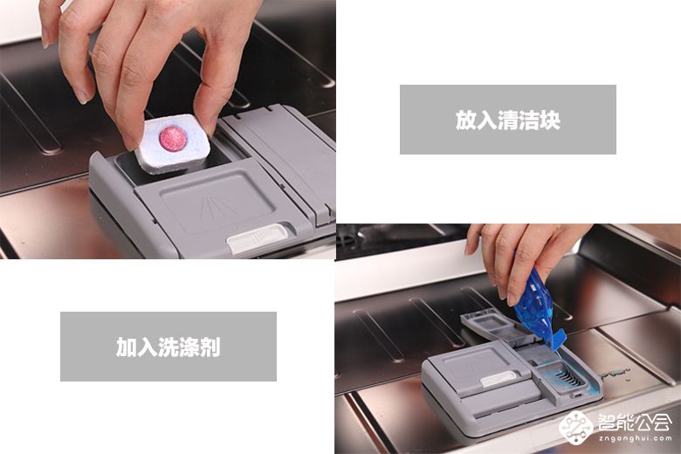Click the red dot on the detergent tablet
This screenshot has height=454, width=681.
[173, 139]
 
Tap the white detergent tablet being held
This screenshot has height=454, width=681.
[173, 143]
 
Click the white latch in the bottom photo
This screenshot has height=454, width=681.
[499, 379]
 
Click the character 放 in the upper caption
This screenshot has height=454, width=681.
[465, 120]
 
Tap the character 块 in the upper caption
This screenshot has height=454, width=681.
[550, 120]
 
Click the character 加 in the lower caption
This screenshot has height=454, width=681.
[126, 347]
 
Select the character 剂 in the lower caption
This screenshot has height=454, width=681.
[210, 347]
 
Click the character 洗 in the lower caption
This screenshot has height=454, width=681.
[168, 347]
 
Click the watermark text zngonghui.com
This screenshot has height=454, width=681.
[635, 438]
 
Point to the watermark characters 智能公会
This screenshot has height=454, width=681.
[635, 421]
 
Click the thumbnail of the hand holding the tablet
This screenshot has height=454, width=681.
[168, 129]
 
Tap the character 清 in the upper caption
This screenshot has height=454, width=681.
[507, 120]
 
